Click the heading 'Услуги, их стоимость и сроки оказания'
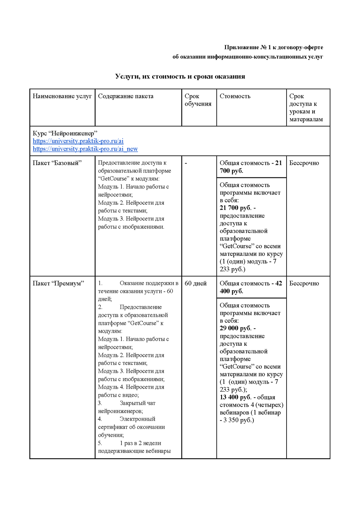[x=180, y=77]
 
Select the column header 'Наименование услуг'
[x=62, y=96]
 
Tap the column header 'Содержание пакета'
[x=125, y=96]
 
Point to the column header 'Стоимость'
[x=235, y=96]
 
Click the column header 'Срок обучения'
[x=198, y=100]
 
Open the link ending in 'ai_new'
[x=85, y=149]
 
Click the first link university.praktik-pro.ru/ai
[x=78, y=141]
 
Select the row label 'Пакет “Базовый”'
[x=57, y=163]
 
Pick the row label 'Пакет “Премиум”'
[x=58, y=283]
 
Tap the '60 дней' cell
[x=196, y=283]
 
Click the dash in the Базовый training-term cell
[x=186, y=163]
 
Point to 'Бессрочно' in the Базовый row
[x=304, y=163]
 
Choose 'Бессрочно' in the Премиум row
[x=304, y=283]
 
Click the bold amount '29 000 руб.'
[x=235, y=328]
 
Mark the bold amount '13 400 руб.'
[x=235, y=397]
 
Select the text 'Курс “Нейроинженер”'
[x=65, y=133]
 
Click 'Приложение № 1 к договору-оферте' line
[x=274, y=47]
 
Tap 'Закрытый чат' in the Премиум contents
[x=137, y=403]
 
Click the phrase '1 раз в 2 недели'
[x=140, y=443]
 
